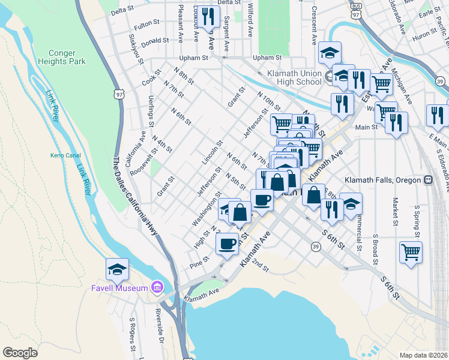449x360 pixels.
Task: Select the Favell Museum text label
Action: (119, 288)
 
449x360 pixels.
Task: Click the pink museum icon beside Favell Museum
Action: (157, 288)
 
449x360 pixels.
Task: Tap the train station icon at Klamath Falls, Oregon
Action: (429, 179)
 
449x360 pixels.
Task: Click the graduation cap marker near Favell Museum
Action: (117, 269)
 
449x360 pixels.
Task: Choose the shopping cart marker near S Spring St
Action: (411, 252)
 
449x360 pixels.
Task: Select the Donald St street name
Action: (155, 41)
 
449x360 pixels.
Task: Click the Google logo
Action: (20, 353)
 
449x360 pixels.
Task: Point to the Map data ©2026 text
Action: (423, 355)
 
